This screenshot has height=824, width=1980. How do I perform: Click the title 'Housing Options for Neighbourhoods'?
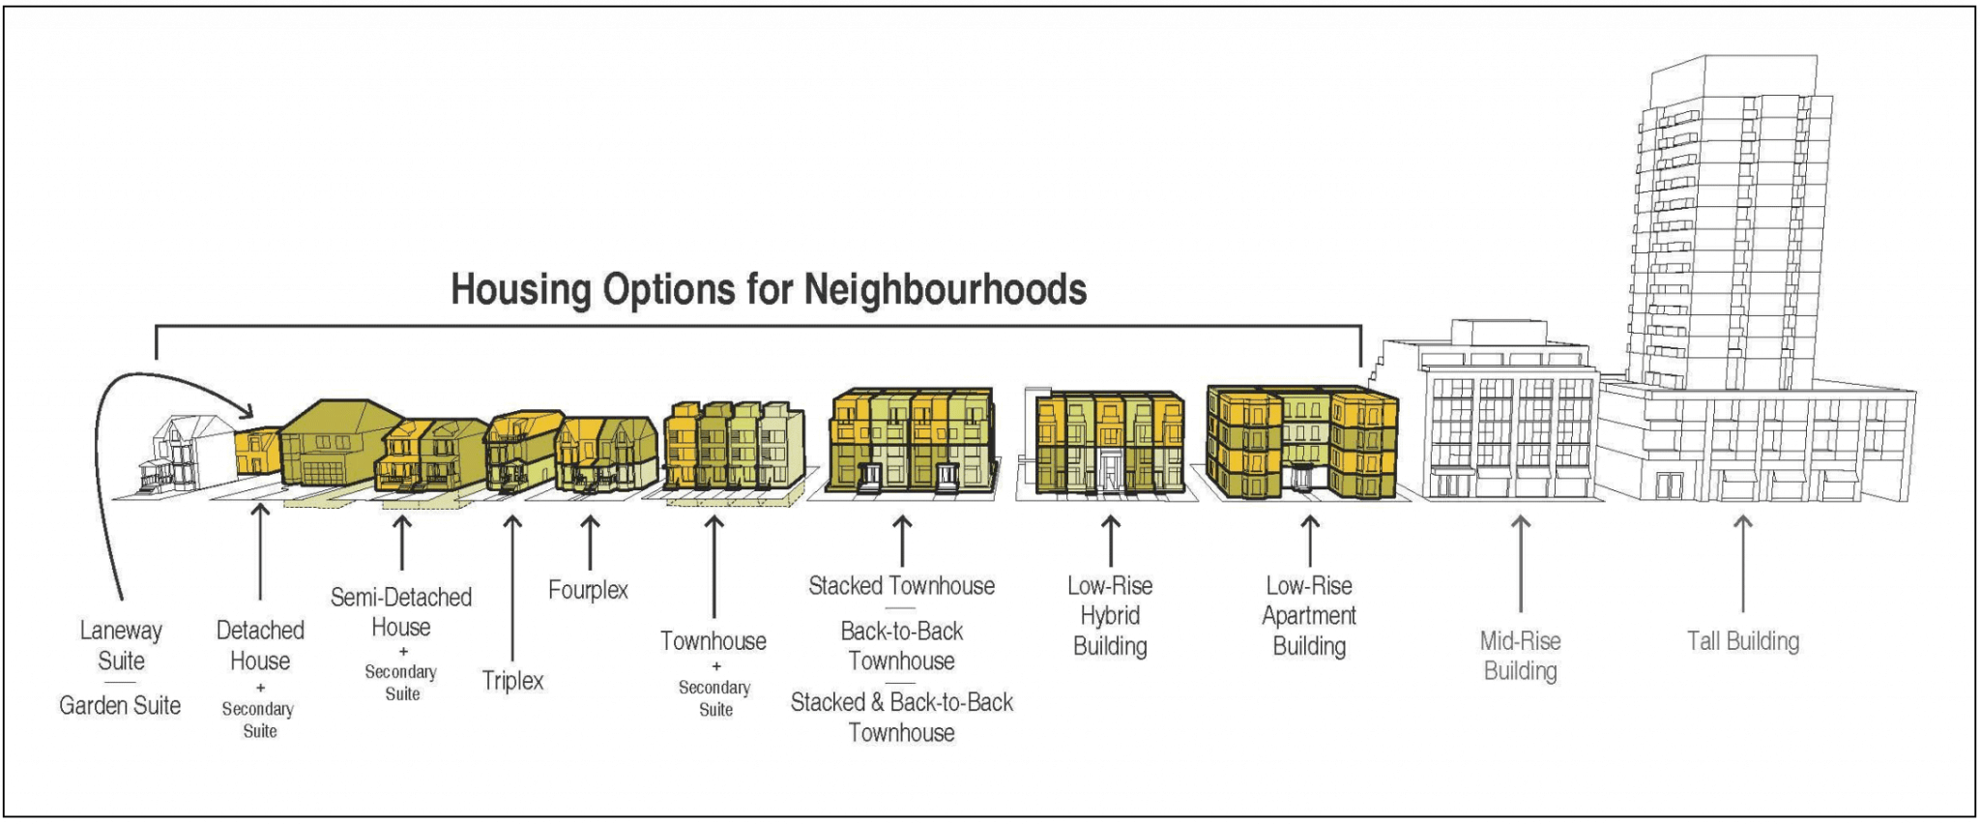click(x=769, y=289)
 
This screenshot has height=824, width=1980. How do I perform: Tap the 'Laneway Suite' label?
click(x=121, y=646)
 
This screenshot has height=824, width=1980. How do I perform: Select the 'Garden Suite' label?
click(x=120, y=706)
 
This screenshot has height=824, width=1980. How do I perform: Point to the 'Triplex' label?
click(x=512, y=681)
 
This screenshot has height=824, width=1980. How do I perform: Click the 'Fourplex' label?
click(x=588, y=590)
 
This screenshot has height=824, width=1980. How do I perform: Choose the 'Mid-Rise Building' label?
click(x=1520, y=656)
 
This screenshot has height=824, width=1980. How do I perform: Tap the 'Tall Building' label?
click(x=1742, y=641)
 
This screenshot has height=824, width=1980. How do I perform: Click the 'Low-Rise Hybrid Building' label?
click(x=1110, y=616)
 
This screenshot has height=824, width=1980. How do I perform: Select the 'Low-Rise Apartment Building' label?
click(x=1309, y=616)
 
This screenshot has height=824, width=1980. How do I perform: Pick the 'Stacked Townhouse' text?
click(x=901, y=586)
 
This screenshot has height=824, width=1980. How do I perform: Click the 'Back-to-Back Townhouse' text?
click(x=901, y=646)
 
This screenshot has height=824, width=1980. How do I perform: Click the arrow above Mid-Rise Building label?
click(x=1520, y=563)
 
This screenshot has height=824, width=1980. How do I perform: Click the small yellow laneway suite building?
click(x=257, y=452)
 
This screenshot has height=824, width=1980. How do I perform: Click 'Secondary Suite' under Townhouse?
click(x=714, y=698)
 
